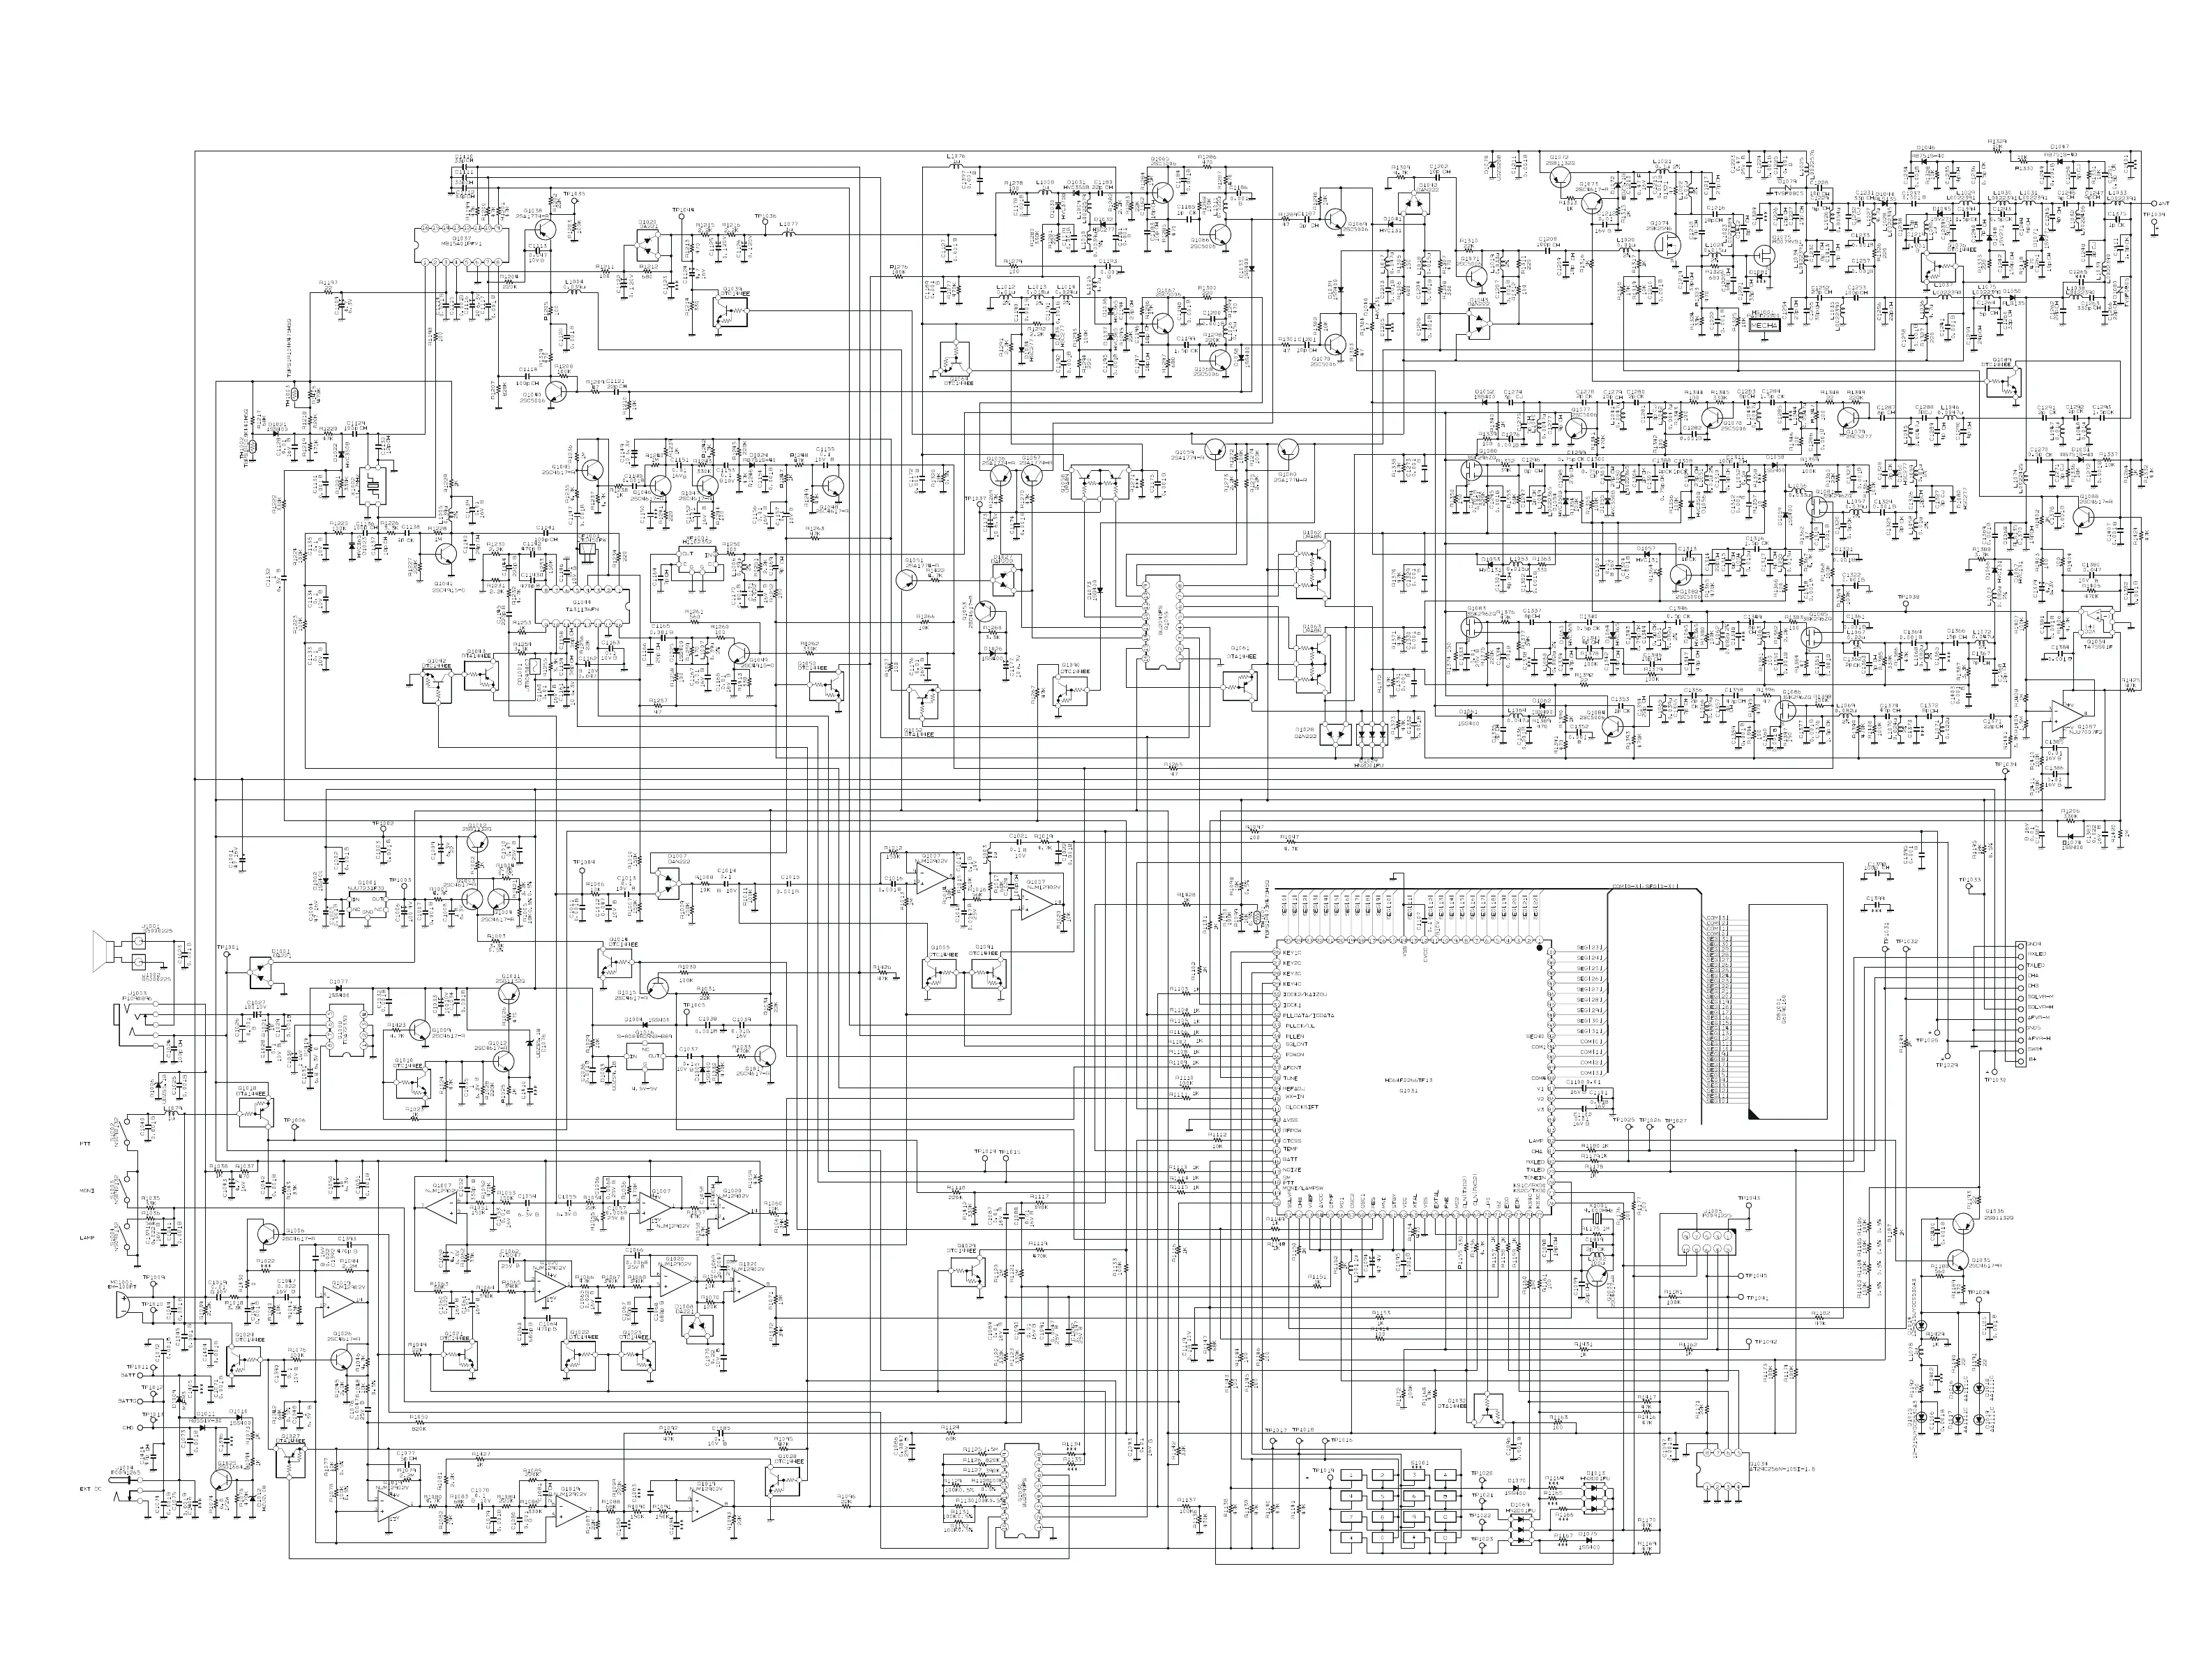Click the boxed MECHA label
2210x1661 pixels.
(1764, 326)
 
